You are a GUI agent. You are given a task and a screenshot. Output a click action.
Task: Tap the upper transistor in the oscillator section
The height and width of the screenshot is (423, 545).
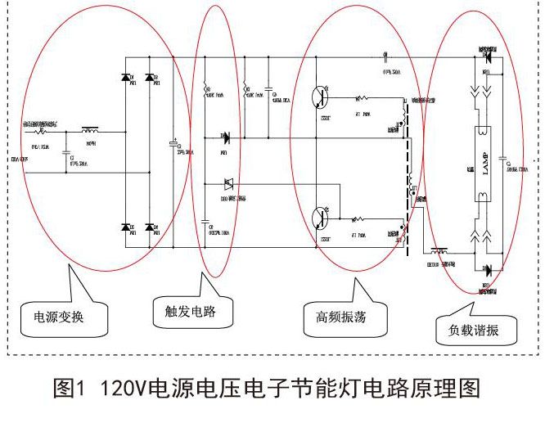point(319,97)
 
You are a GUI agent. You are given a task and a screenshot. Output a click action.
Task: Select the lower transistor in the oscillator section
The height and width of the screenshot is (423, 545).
point(319,218)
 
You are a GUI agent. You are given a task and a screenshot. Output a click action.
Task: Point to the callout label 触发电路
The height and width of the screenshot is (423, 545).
point(183,311)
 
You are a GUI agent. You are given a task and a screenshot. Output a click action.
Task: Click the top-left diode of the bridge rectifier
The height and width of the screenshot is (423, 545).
point(128,78)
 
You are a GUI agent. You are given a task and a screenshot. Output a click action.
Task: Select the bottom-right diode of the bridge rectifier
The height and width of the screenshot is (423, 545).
point(150,227)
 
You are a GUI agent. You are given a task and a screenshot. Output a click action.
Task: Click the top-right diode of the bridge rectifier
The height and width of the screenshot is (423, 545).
point(150,78)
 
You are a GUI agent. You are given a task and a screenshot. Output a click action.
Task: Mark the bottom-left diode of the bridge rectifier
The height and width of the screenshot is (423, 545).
point(128,227)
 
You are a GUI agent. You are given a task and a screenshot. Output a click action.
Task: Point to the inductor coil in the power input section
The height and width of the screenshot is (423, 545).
point(89,130)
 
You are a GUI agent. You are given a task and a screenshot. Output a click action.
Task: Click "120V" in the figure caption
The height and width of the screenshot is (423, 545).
point(122,389)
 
